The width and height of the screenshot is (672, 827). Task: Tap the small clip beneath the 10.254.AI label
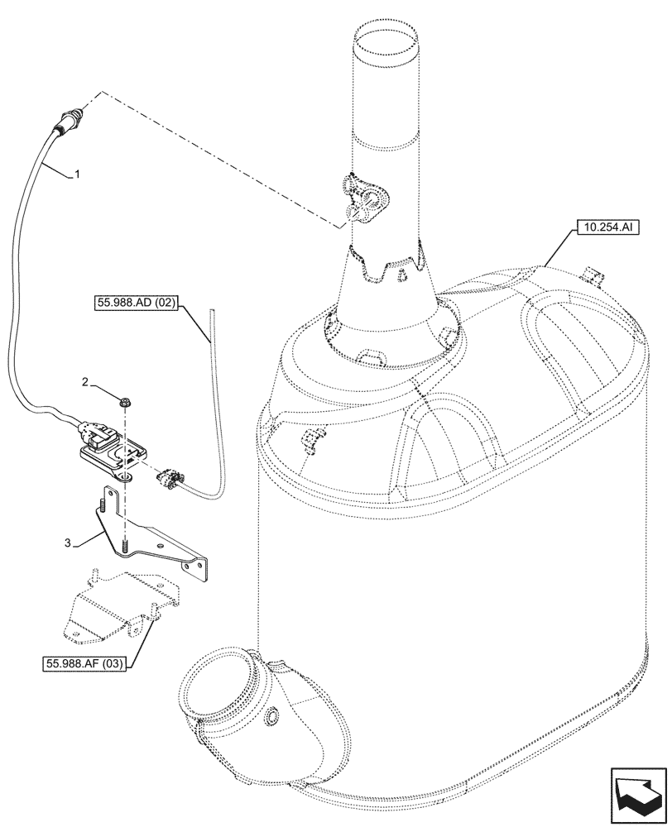click(x=590, y=274)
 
